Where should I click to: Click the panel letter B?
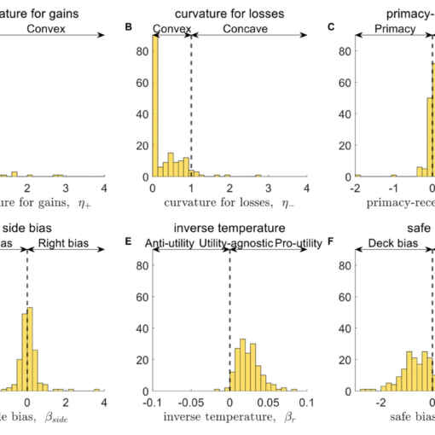point(129,27)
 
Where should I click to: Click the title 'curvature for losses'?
point(229,12)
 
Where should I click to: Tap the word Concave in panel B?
point(245,28)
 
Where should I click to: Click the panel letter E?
point(129,241)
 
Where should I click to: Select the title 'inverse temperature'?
point(229,227)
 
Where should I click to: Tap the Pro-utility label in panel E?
point(285,243)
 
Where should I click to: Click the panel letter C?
point(332,27)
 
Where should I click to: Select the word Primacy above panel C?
point(394,28)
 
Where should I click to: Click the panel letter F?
point(332,241)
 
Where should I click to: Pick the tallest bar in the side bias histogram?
point(31,350)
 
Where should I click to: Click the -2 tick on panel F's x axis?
point(380,401)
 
